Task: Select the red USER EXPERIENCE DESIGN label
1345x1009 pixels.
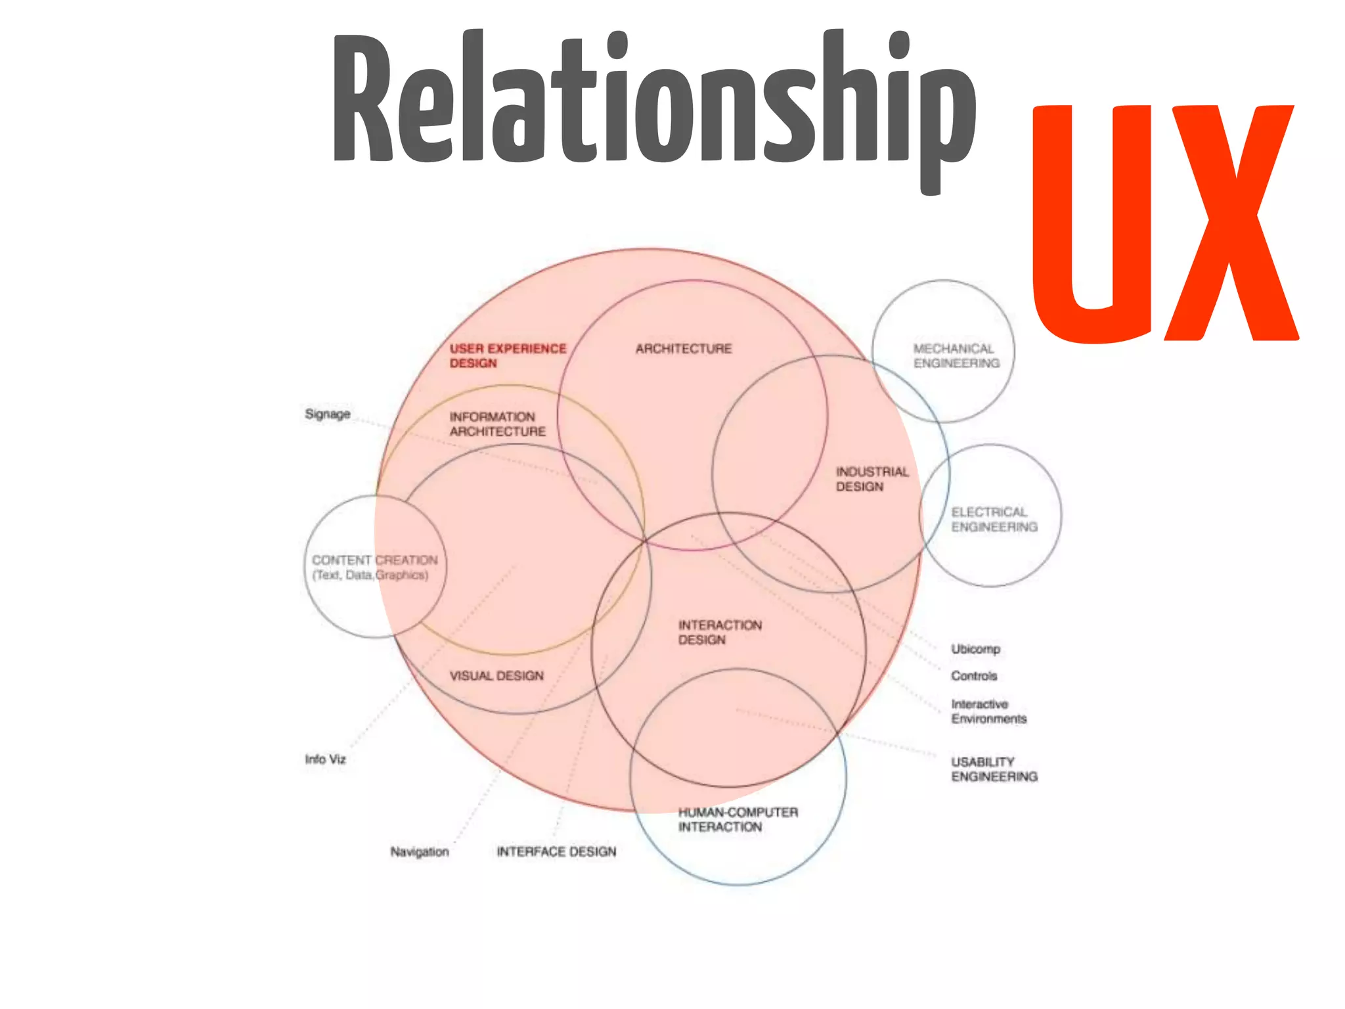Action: pyautogui.click(x=507, y=355)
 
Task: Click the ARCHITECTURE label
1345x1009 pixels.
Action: pyautogui.click(x=683, y=349)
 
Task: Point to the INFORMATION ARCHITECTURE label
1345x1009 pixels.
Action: pyautogui.click(x=497, y=424)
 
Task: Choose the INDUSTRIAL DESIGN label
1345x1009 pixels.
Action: pyautogui.click(x=871, y=479)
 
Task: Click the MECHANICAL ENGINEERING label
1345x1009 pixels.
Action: pyautogui.click(x=956, y=356)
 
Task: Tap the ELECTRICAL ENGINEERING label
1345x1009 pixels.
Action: pyautogui.click(x=994, y=520)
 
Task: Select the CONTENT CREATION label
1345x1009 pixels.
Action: pyautogui.click(x=374, y=567)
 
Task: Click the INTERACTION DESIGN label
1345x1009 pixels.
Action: pyautogui.click(x=720, y=632)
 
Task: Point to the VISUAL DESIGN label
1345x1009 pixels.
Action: pyautogui.click(x=496, y=676)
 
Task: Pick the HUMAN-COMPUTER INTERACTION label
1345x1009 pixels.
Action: pyautogui.click(x=738, y=819)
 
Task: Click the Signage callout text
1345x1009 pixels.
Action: pyautogui.click(x=327, y=414)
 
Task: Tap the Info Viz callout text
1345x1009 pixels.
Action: pyautogui.click(x=325, y=759)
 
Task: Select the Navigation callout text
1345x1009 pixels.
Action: pyautogui.click(x=419, y=852)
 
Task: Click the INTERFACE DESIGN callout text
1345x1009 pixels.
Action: pyautogui.click(x=556, y=852)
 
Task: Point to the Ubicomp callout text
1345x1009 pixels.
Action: pyautogui.click(x=975, y=649)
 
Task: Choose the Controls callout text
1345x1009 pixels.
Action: pyautogui.click(x=974, y=676)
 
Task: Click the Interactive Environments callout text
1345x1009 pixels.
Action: pyautogui.click(x=988, y=711)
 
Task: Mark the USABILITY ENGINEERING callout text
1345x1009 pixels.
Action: pyautogui.click(x=994, y=769)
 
